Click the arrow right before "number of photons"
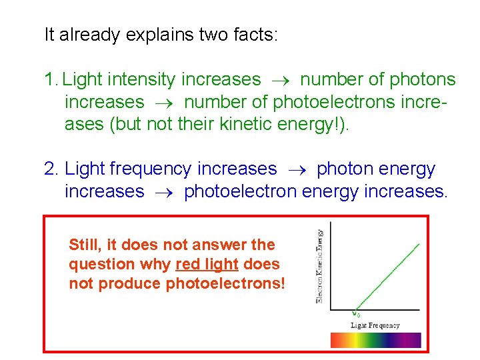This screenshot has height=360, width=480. point(280,80)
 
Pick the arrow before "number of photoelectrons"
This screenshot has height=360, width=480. point(163,102)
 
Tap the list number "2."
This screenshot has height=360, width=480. point(52,169)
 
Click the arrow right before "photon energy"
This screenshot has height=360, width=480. point(296,169)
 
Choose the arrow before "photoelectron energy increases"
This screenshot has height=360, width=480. point(163,192)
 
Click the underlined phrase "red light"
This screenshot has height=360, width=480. point(207,265)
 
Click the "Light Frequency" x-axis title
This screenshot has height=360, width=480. point(375,325)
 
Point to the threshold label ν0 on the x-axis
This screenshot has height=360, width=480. point(357,314)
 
